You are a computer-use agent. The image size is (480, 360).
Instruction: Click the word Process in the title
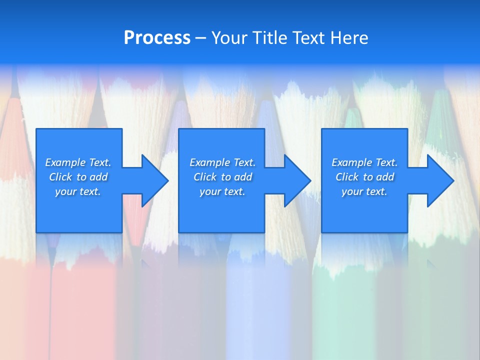point(157,38)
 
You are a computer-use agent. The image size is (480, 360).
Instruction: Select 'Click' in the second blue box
point(204,177)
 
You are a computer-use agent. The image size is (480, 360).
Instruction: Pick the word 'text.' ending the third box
point(376,191)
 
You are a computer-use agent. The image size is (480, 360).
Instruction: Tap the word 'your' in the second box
point(209,191)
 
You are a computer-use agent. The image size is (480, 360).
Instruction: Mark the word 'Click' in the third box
point(347,177)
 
